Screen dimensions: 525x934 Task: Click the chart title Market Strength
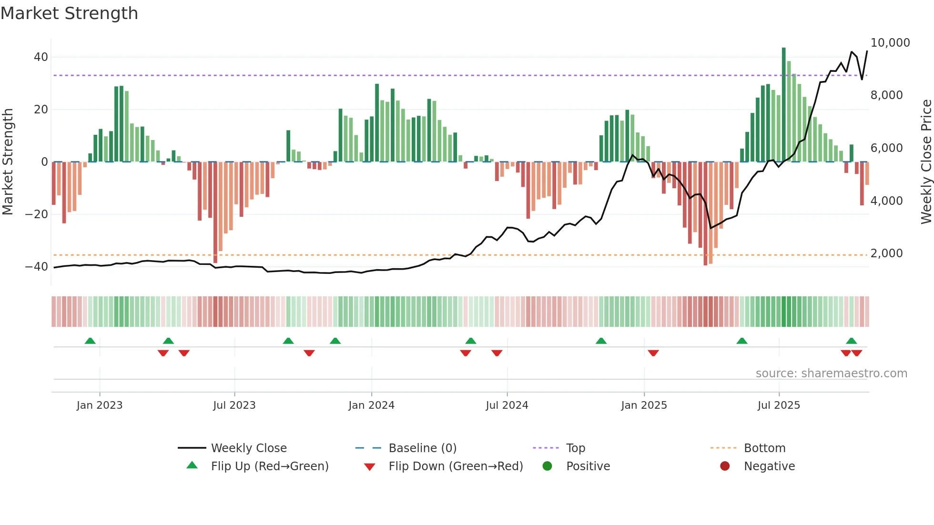click(x=69, y=13)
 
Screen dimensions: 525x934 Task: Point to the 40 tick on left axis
click(x=41, y=57)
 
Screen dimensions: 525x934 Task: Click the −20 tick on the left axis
click(x=36, y=214)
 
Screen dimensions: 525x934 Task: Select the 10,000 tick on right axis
click(x=890, y=43)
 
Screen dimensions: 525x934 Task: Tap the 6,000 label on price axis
click(x=886, y=148)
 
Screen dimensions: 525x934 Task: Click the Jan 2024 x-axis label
click(x=371, y=405)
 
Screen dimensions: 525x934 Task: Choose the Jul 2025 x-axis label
click(x=779, y=405)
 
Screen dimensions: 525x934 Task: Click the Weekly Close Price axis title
click(x=926, y=162)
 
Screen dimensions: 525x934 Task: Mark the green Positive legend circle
click(x=547, y=466)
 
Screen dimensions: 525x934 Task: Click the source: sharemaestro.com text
click(x=831, y=374)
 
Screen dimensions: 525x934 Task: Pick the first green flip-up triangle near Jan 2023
click(x=90, y=341)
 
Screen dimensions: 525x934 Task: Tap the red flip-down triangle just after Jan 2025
click(x=653, y=353)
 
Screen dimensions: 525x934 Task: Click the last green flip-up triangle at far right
click(x=851, y=341)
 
